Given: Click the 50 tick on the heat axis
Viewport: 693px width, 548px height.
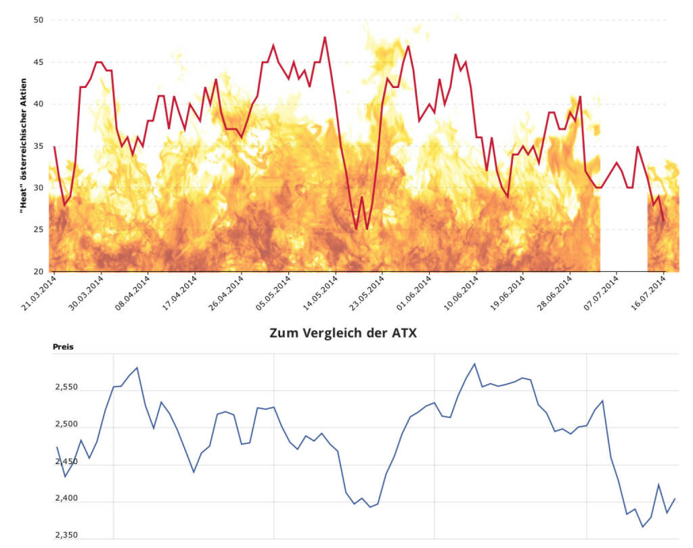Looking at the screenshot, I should pyautogui.click(x=39, y=20).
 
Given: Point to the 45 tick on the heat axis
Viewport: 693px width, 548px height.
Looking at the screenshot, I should pyautogui.click(x=39, y=62).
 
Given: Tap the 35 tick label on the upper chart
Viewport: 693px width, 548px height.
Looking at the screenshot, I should pyautogui.click(x=39, y=146).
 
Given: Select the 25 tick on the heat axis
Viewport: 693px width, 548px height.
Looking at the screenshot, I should pyautogui.click(x=39, y=230).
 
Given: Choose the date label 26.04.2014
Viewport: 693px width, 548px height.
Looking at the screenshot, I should pyautogui.click(x=226, y=292).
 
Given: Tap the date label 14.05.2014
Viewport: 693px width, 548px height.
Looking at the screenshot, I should pyautogui.click(x=320, y=292).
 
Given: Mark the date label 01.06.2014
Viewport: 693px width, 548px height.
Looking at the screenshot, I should pyautogui.click(x=413, y=292).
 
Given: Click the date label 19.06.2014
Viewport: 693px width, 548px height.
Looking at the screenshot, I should pyautogui.click(x=508, y=292).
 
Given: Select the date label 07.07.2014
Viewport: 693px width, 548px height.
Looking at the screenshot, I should pyautogui.click(x=601, y=292).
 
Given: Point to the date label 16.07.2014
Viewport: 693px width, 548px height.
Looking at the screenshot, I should pyautogui.click(x=648, y=292).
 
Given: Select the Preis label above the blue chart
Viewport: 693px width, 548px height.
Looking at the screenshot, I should pyautogui.click(x=63, y=347).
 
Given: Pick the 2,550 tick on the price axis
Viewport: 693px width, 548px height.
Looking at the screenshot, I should pyautogui.click(x=66, y=388).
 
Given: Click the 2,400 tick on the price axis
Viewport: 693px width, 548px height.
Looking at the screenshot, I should pyautogui.click(x=66, y=499).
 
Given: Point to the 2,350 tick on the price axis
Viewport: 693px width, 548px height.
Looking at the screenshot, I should pyautogui.click(x=66, y=535).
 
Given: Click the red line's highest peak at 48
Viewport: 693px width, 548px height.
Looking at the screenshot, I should pyautogui.click(x=325, y=37).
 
